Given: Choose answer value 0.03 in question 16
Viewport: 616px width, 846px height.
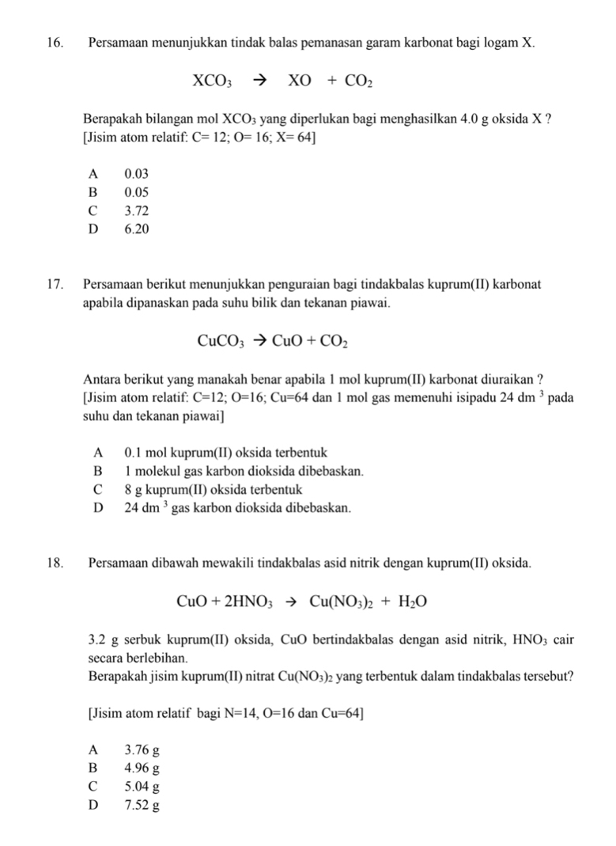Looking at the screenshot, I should pyautogui.click(x=136, y=173).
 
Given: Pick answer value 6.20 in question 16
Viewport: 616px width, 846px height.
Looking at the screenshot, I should pyautogui.click(x=136, y=230).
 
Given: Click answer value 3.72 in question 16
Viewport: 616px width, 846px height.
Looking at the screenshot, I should pyautogui.click(x=136, y=211).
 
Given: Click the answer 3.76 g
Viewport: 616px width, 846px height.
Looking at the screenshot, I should pyautogui.click(x=142, y=749).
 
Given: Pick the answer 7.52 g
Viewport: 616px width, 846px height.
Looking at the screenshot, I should pyautogui.click(x=142, y=806).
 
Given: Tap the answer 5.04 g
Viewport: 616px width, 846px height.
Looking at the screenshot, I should pyautogui.click(x=142, y=787).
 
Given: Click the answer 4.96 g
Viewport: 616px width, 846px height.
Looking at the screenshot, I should pyautogui.click(x=142, y=768).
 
